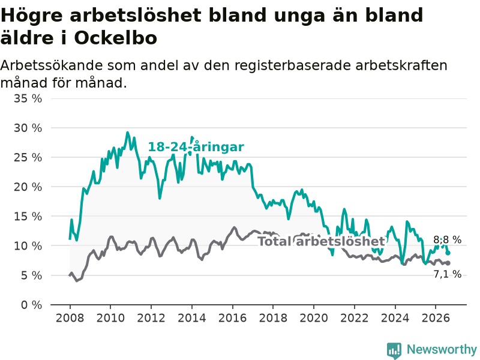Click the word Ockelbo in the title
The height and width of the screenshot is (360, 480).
[115, 38]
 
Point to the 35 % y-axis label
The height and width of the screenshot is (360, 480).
[28, 98]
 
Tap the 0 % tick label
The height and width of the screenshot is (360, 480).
[32, 305]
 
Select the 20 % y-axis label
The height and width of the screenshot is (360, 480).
[28, 187]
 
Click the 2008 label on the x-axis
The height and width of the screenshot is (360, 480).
[70, 318]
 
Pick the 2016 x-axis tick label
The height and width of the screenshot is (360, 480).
[232, 318]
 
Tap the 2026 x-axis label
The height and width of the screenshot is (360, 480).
[436, 318]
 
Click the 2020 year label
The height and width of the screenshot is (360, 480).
[314, 318]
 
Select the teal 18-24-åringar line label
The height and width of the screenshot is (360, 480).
[196, 147]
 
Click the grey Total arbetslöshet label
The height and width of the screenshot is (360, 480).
[322, 241]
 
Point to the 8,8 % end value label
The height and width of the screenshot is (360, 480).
[447, 239]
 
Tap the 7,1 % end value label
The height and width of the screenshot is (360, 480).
[447, 274]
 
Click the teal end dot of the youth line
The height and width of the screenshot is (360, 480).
[448, 253]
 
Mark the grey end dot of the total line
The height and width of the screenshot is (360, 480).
[448, 263]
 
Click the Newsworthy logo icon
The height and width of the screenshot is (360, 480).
[394, 350]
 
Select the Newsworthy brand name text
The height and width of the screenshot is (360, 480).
[442, 349]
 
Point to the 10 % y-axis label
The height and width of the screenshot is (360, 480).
[28, 246]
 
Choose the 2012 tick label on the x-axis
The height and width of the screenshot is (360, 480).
[151, 318]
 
